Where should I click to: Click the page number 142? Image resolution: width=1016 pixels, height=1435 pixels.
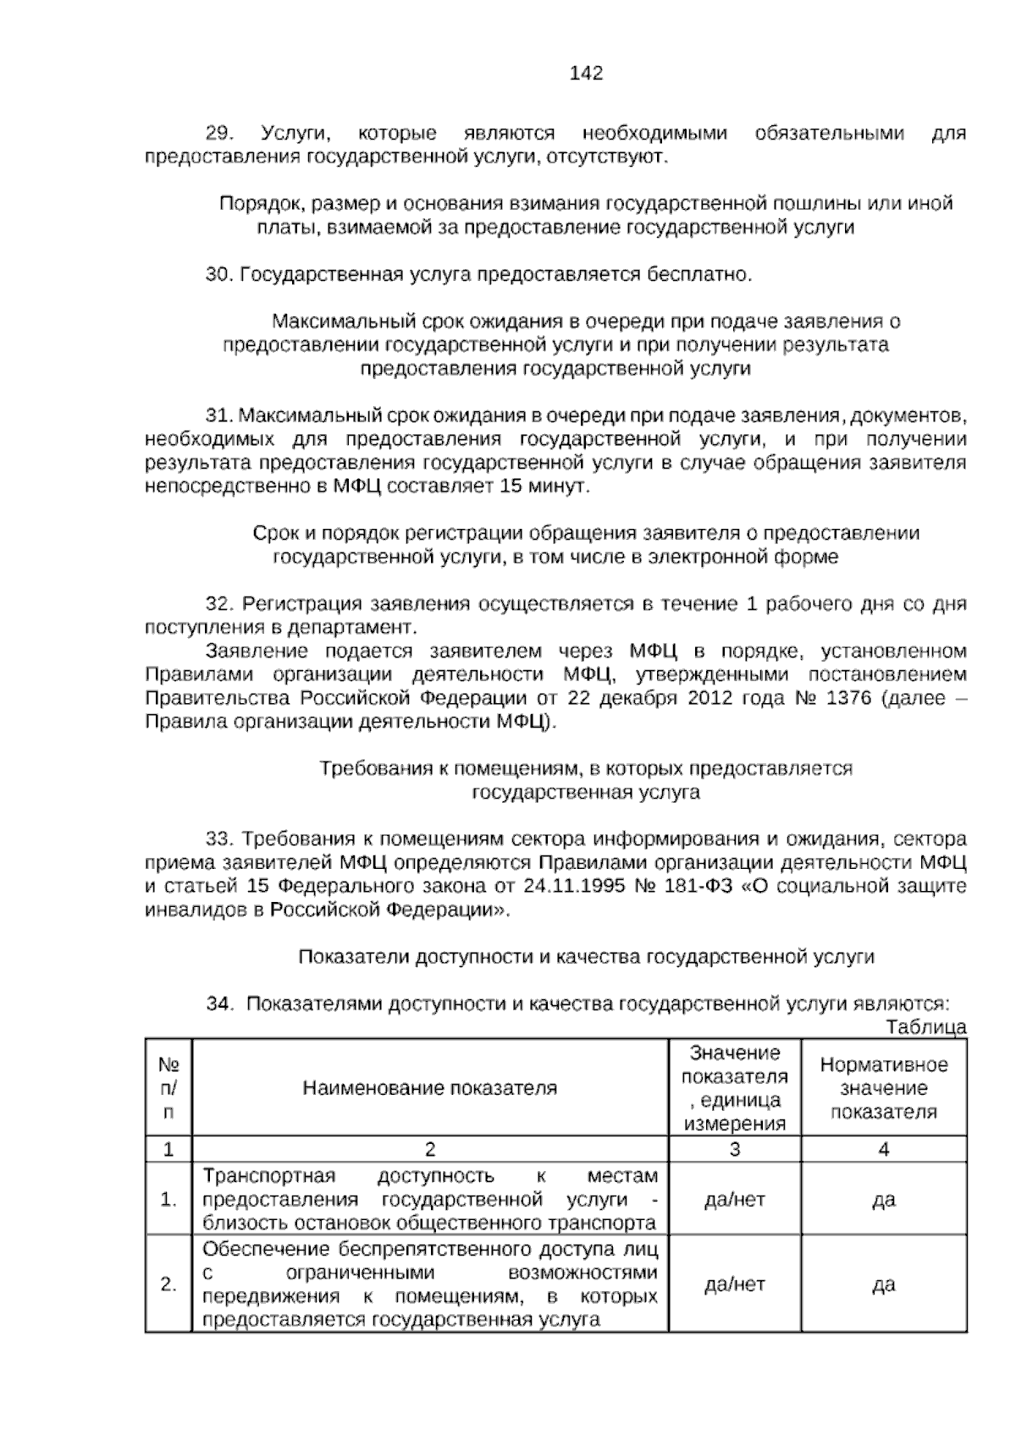(x=586, y=74)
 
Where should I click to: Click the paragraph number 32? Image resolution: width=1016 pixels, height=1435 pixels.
(x=218, y=604)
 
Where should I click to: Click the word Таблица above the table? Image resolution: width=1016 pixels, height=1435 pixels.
(x=926, y=1028)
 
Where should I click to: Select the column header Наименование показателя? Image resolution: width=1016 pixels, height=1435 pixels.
(x=430, y=1088)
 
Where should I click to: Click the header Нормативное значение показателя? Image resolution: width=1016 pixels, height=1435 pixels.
(x=884, y=1088)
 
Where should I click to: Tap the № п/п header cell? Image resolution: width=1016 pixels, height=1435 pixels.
(x=168, y=1088)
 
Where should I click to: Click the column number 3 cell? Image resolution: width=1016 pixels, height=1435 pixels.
(x=734, y=1150)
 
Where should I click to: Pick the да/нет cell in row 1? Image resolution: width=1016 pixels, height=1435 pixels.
(x=734, y=1200)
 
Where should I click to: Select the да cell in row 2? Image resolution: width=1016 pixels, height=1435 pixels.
(x=884, y=1284)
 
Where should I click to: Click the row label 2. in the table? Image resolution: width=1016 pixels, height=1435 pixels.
(x=168, y=1284)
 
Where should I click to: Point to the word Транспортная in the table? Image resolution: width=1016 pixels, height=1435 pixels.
(x=269, y=1176)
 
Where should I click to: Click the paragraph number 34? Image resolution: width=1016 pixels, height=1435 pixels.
(x=218, y=1004)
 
